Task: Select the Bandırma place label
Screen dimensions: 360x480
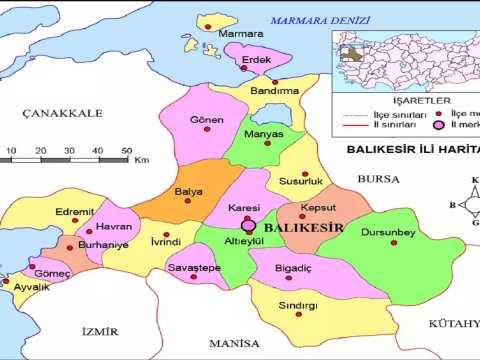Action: pos(275,90)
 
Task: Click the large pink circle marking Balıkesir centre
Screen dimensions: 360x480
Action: pos(249,226)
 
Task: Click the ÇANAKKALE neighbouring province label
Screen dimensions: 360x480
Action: pos(63,114)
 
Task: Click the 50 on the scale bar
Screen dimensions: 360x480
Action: pos(127,150)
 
